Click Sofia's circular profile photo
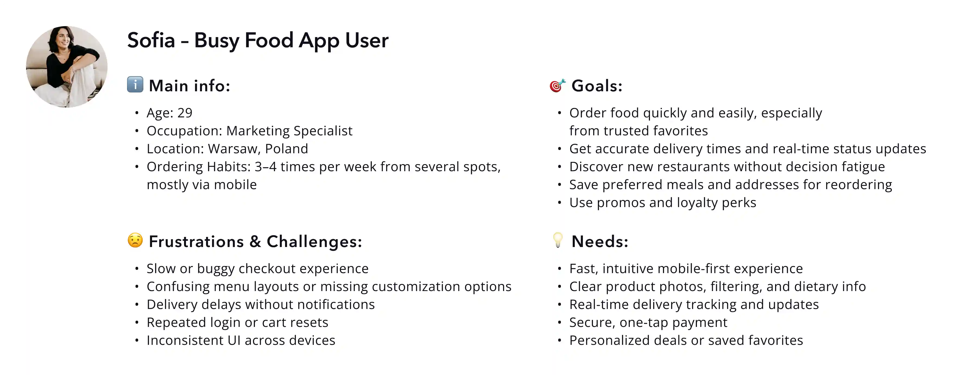coord(67,67)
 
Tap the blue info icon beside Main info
coord(135,85)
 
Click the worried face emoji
coord(135,240)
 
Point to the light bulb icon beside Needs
coord(558,240)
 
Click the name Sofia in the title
coord(151,40)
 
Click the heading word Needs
coord(600,242)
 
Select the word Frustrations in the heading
coord(196,242)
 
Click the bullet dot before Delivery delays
coord(137,305)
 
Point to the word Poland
coord(286,149)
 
